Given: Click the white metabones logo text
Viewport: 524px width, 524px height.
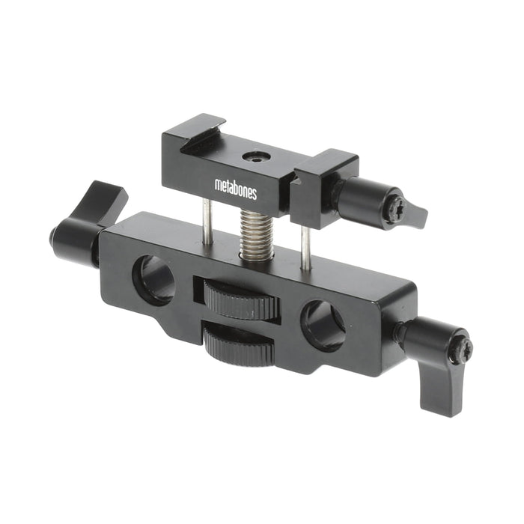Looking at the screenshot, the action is click(x=236, y=189).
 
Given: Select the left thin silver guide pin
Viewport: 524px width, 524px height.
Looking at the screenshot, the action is click(x=207, y=222).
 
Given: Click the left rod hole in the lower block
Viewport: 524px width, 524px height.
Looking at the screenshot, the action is click(x=154, y=280).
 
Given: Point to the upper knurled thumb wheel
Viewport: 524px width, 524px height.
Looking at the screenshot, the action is click(x=240, y=299).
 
